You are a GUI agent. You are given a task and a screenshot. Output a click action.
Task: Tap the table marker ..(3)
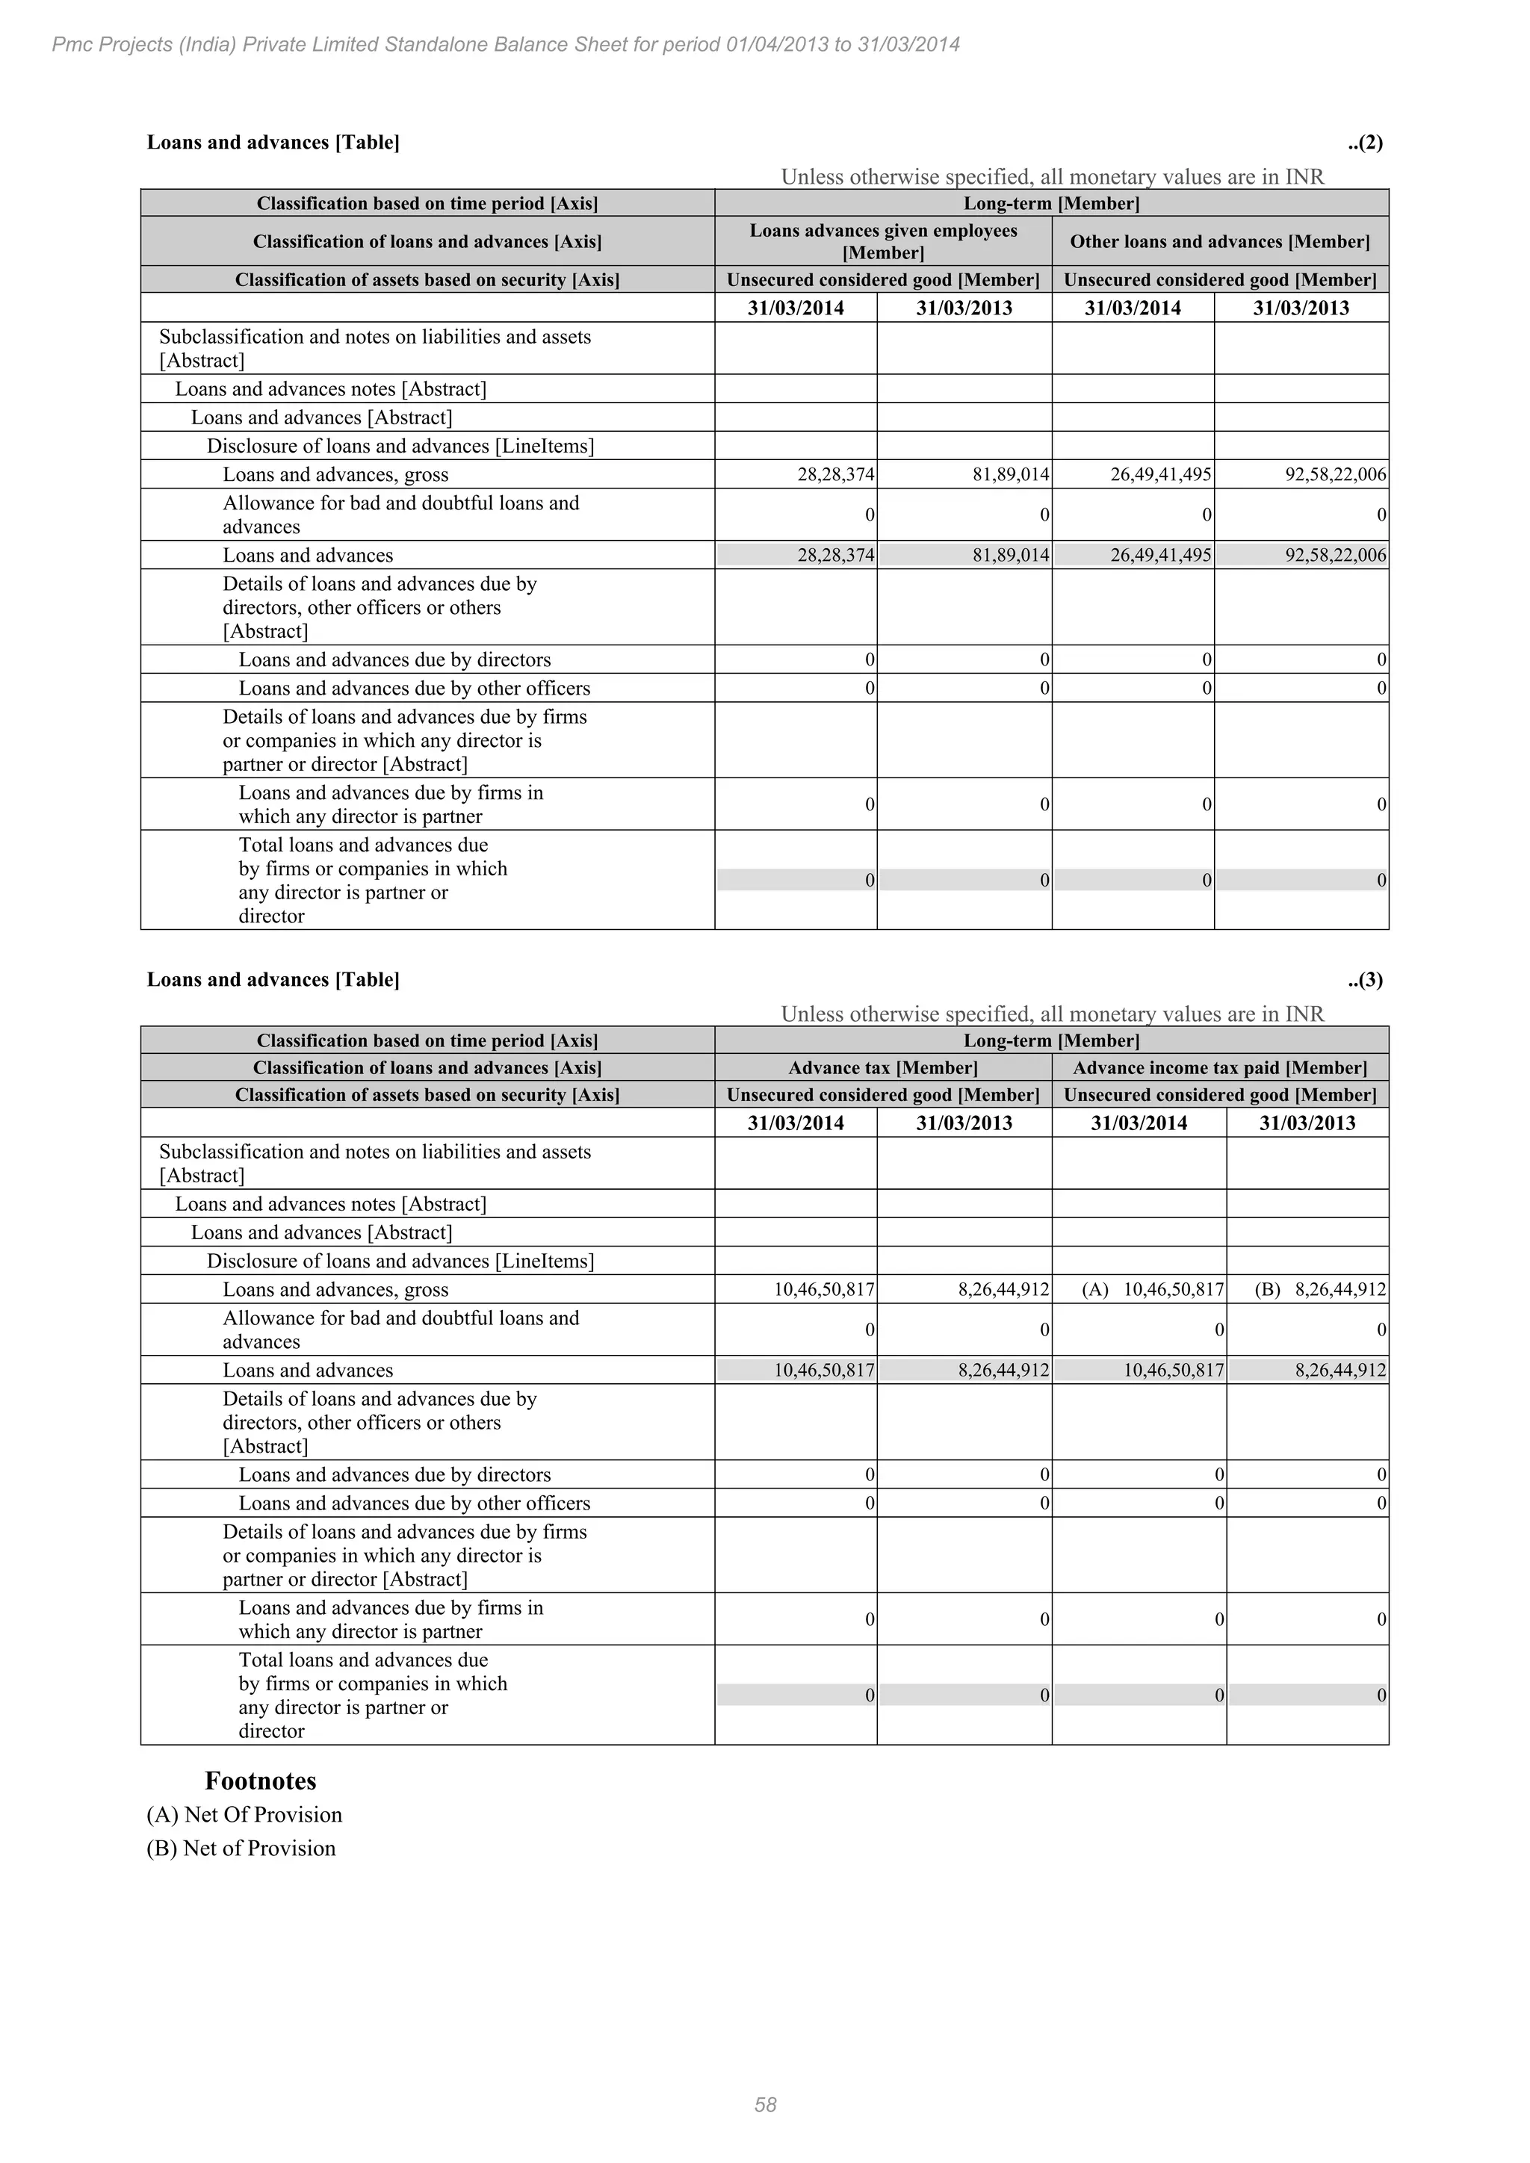point(1365,980)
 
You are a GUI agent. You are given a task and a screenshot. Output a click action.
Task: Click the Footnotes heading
point(260,1781)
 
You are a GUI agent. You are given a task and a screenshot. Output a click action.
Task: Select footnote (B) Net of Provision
point(241,1849)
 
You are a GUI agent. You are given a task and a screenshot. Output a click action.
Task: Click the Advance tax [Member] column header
point(883,1068)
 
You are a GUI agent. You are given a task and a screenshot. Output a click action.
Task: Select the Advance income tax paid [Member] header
point(1220,1068)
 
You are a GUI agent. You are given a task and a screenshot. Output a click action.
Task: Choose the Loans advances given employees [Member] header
point(883,242)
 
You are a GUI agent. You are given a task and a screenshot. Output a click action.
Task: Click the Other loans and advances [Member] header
point(1220,242)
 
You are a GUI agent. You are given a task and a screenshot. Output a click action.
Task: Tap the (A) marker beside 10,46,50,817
point(1094,1291)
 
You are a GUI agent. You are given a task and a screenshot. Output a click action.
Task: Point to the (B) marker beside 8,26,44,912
point(1267,1291)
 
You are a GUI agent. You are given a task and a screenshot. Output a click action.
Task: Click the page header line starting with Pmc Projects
point(506,44)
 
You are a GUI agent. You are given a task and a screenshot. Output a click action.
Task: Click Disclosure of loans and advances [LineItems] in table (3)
point(400,1262)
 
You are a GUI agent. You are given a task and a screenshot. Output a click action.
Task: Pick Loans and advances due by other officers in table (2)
point(414,689)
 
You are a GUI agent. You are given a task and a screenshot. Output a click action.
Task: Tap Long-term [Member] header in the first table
point(1051,203)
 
